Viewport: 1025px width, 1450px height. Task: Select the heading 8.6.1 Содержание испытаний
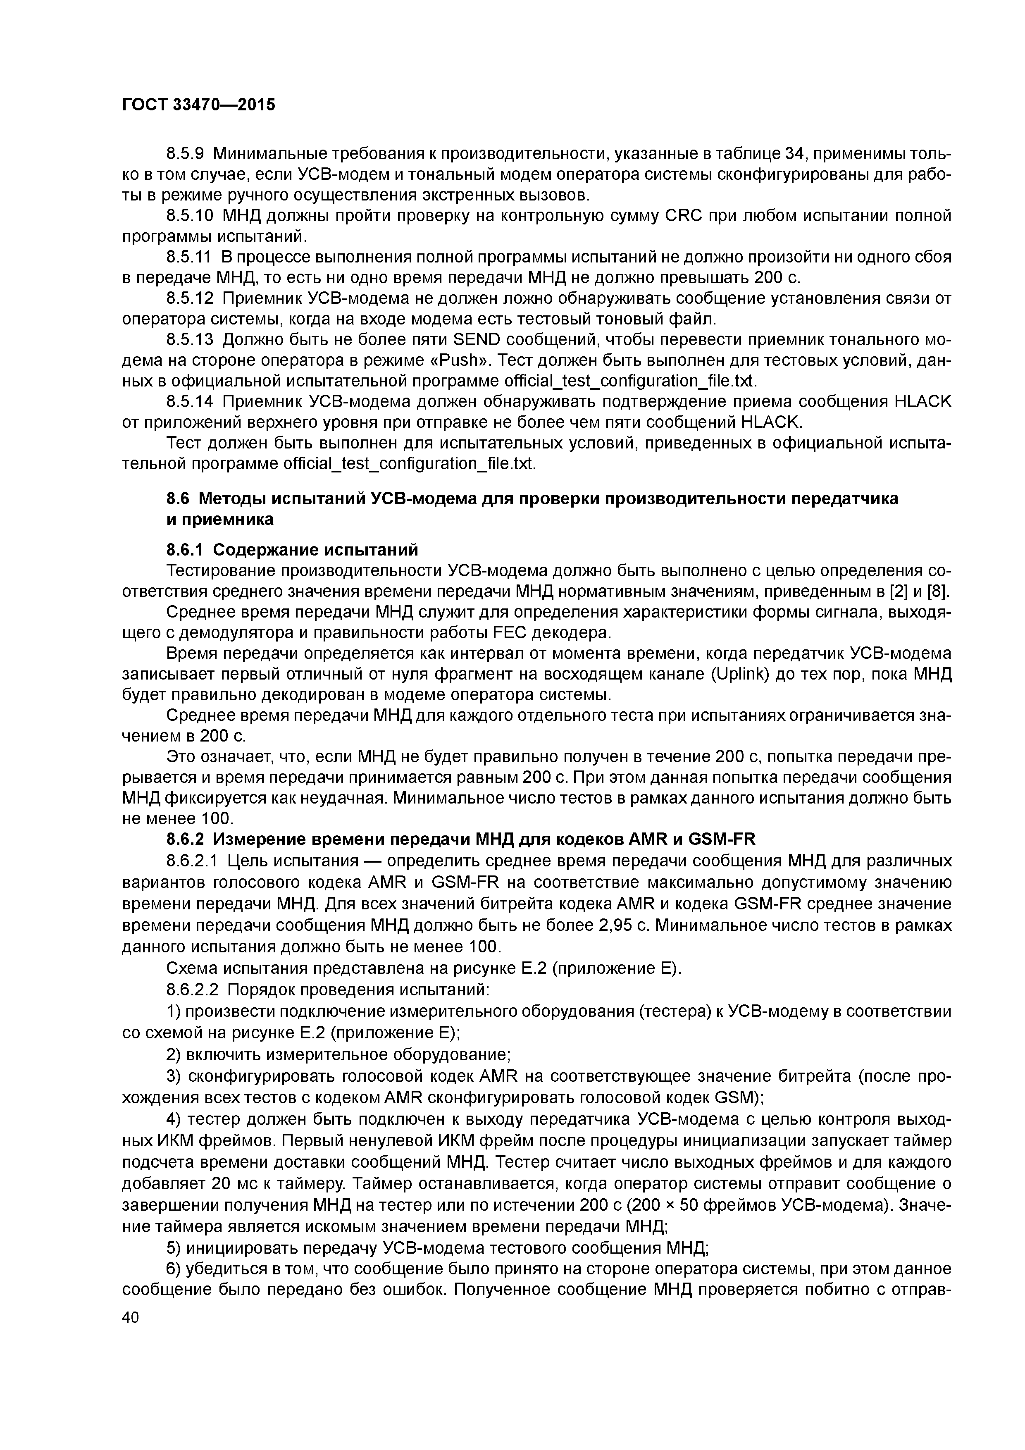coord(292,549)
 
